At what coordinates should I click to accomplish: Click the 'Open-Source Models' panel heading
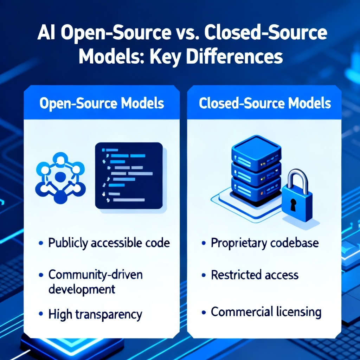pos(102,104)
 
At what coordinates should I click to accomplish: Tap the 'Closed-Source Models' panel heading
pos(265,103)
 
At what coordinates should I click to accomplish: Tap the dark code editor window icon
pos(129,176)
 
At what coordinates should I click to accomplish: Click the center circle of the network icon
pos(60,177)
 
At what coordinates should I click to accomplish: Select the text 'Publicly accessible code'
pos(109,243)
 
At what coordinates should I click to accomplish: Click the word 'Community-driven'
pos(96,275)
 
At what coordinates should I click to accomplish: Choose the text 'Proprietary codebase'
pos(265,243)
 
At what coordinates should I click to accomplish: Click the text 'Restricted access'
pos(255,275)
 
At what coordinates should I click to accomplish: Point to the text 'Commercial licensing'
pos(266,312)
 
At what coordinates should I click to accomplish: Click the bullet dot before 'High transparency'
pos(41,314)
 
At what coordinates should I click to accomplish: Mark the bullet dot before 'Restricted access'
pos(204,275)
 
